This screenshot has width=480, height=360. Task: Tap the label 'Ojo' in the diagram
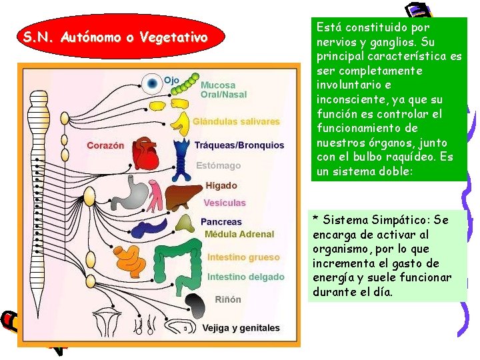coord(171,80)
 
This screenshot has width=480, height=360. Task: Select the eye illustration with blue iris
coord(153,83)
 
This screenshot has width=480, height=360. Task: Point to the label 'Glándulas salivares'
coord(236,121)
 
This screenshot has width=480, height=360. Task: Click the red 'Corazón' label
coord(105,145)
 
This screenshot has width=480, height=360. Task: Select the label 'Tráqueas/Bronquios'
coord(239,145)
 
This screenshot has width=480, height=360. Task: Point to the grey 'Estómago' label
coord(218,165)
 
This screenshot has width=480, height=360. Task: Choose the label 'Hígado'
coord(221,185)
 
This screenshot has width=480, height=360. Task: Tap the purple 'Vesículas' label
coord(224,203)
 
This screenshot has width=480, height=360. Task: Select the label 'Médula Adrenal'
coord(239,234)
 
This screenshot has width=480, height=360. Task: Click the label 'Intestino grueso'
coord(243,257)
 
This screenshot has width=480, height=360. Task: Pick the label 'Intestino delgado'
coord(245,277)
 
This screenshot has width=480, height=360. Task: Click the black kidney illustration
coord(195,305)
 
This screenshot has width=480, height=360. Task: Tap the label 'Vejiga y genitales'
coord(242,328)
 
